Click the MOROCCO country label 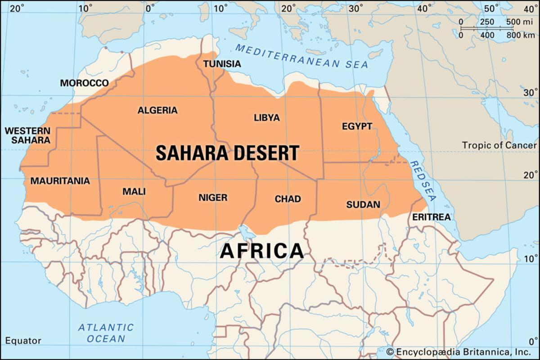tap(84, 83)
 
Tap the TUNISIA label tap(222, 64)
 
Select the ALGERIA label tap(157, 110)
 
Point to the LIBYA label tap(266, 118)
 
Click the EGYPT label tap(357, 126)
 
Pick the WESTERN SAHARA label tap(27, 135)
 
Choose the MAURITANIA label tap(60, 181)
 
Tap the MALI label tap(134, 192)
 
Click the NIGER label tap(213, 198)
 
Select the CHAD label tap(288, 199)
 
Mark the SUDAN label tap(363, 204)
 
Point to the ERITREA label tap(431, 217)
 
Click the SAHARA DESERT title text tap(227, 153)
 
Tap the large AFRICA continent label tap(261, 251)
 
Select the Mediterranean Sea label tap(301, 57)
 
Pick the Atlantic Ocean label tap(106, 333)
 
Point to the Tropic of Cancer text tap(499, 145)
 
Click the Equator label tap(23, 341)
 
